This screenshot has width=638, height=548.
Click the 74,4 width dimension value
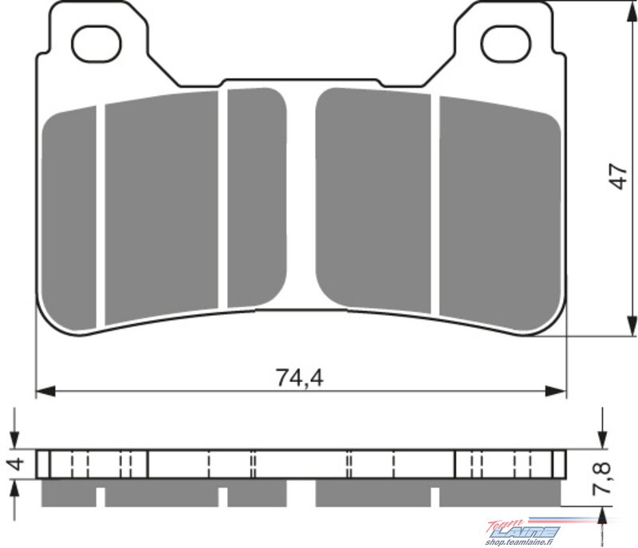[300, 377]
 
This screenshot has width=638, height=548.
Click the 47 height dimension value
[618, 176]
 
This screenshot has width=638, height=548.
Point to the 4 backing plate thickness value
[17, 463]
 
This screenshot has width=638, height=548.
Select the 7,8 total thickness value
[601, 477]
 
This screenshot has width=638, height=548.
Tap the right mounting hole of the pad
[506, 44]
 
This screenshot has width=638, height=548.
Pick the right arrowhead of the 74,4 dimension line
[556, 392]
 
